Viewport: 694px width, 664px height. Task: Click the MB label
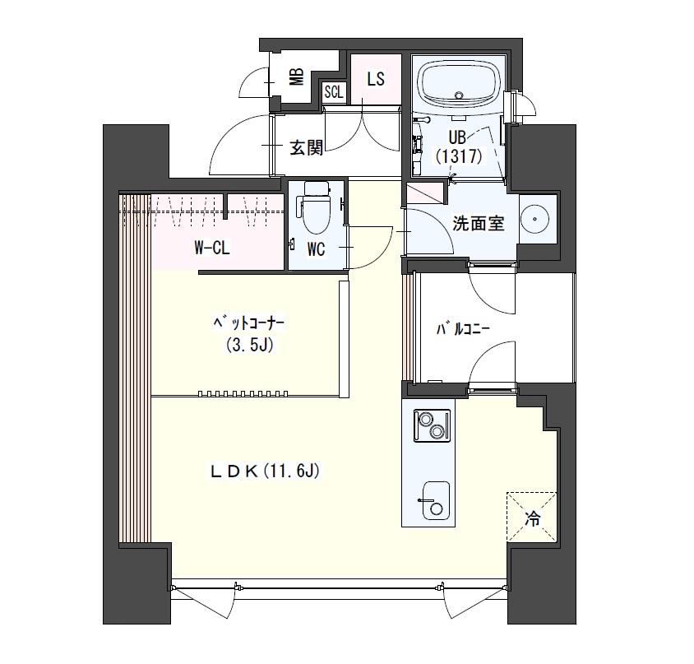point(297,77)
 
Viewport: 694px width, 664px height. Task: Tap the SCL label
point(334,92)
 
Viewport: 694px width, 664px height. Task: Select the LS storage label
point(375,79)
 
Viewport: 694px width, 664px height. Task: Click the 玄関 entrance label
point(306,147)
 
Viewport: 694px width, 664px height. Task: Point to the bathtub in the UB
point(459,86)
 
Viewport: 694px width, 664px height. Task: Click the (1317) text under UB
point(458,156)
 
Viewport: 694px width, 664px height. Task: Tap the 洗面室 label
point(478,223)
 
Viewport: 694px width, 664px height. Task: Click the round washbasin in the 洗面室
point(534,218)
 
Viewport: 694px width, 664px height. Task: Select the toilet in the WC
point(316,207)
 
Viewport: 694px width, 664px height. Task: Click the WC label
point(316,250)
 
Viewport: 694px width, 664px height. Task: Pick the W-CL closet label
point(212,248)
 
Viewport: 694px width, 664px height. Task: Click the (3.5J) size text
point(248,344)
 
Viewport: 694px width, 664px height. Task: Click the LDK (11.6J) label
point(264,471)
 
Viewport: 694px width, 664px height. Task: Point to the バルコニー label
point(463,330)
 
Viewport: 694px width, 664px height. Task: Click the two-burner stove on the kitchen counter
point(432,425)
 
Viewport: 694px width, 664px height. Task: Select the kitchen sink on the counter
point(436,500)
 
